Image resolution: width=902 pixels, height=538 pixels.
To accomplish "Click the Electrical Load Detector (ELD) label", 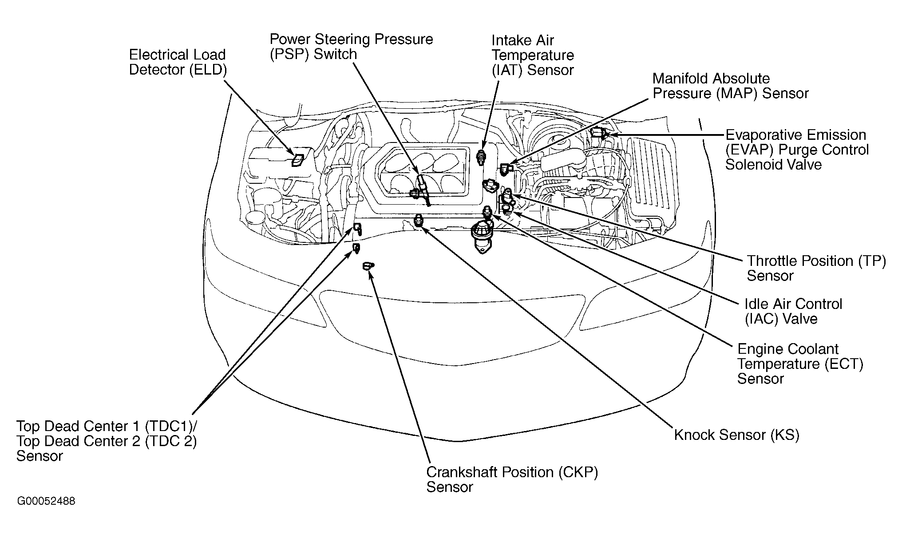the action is (x=178, y=62).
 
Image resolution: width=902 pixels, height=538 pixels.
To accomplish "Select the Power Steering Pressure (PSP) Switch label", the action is (x=351, y=47).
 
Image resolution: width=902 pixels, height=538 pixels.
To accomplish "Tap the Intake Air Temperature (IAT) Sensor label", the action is (x=533, y=55).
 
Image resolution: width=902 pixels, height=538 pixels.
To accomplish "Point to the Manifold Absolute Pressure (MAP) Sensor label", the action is (x=730, y=86).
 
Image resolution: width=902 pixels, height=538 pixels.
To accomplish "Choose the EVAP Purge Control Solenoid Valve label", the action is (x=797, y=150).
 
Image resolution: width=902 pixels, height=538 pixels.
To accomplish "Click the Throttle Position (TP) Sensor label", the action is (x=816, y=268).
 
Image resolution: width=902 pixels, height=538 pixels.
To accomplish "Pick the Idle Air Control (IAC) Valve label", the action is (x=793, y=311).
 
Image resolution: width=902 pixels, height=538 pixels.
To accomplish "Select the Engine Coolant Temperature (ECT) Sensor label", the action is (x=800, y=364).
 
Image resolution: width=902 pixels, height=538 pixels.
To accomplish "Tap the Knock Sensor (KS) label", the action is (x=736, y=435).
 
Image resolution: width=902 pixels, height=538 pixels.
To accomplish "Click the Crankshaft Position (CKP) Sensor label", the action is (x=512, y=479).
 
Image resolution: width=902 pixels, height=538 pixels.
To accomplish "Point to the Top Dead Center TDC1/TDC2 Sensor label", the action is (x=107, y=441).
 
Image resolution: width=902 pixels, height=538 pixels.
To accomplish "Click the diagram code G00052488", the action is (x=46, y=501).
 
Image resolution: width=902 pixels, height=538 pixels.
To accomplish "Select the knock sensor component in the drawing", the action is (x=418, y=220).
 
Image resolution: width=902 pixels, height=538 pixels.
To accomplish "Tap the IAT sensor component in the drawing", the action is (x=481, y=158).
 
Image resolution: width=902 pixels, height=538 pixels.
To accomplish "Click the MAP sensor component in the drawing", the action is (x=506, y=169).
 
